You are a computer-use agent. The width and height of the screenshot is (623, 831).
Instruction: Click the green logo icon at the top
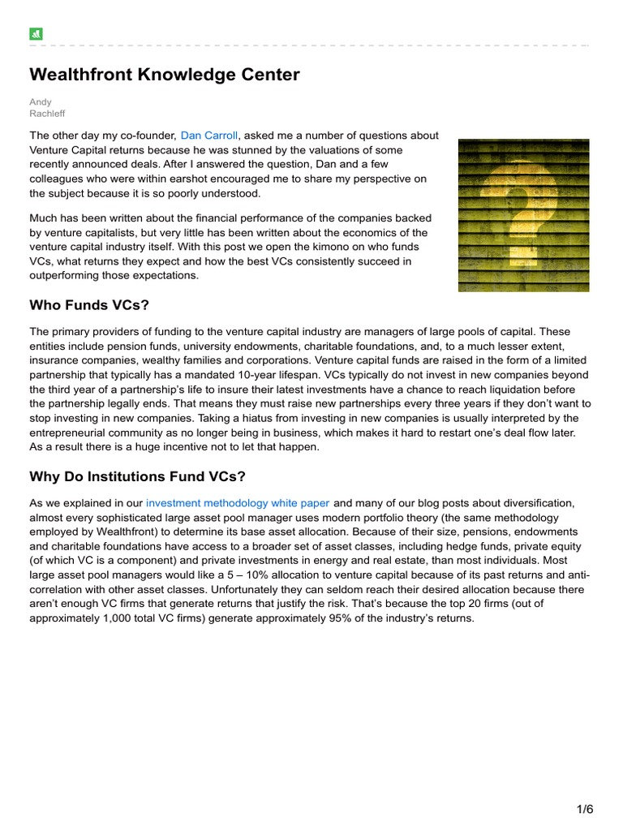coord(36,34)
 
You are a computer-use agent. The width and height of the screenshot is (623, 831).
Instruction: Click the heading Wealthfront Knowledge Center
coord(165,75)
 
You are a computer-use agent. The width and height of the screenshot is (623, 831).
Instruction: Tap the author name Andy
coord(41,102)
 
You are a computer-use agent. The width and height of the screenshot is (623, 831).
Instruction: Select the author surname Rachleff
coord(47,114)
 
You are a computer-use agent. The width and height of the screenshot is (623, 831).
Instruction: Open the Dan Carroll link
coord(209,136)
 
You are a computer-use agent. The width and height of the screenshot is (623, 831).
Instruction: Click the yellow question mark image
coord(523,215)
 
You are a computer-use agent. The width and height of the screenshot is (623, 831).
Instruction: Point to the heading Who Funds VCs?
coord(90,306)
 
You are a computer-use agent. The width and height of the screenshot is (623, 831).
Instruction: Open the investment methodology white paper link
coord(238,503)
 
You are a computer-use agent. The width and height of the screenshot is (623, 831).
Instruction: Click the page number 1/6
coord(586,809)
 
